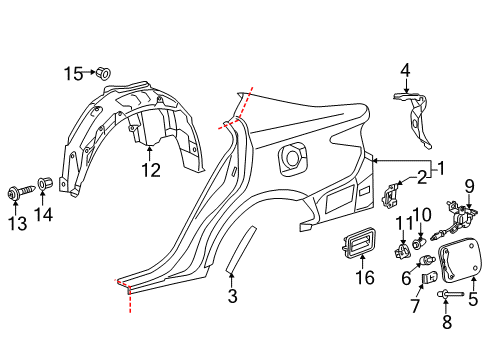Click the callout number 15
pyautogui.click(x=74, y=73)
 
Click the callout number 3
pyautogui.click(x=232, y=296)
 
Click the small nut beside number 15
pyautogui.click(x=104, y=72)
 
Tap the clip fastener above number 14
pyautogui.click(x=44, y=183)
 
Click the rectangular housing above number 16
pyautogui.click(x=359, y=243)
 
